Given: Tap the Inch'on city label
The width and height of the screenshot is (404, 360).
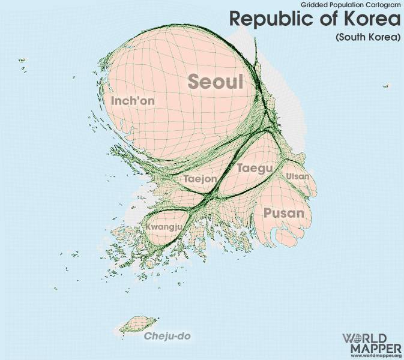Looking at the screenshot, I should pyautogui.click(x=133, y=101).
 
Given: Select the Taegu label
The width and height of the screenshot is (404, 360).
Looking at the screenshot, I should pyautogui.click(x=255, y=168).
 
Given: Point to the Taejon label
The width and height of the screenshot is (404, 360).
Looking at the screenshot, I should pyautogui.click(x=200, y=179).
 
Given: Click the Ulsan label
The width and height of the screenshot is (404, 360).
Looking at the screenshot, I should pyautogui.click(x=298, y=176).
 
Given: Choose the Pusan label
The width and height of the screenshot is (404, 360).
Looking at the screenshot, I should pyautogui.click(x=284, y=213).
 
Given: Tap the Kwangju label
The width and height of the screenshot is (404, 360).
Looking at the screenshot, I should pyautogui.click(x=163, y=227).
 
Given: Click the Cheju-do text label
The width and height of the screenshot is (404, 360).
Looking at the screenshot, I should pyautogui.click(x=167, y=336).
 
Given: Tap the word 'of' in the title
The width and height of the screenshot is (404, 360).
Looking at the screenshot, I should pyautogui.click(x=316, y=19).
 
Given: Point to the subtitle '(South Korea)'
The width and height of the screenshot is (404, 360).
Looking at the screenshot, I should pyautogui.click(x=367, y=37).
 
